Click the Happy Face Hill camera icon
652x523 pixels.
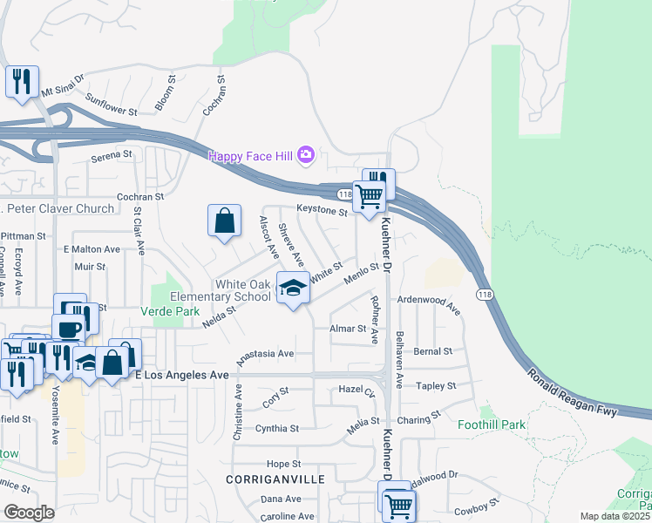coord(305,155)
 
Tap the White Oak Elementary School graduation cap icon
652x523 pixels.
coord(293,288)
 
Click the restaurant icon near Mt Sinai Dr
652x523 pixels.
coord(21,82)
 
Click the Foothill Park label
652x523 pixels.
coord(492,425)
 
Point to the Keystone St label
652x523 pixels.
coord(322,210)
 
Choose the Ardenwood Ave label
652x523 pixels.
coord(429,302)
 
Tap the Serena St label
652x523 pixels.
coord(112,159)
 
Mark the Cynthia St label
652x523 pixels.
coord(277,429)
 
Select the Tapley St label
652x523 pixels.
coord(437,385)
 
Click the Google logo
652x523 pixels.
coord(29,513)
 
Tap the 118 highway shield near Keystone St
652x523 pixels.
coord(345,194)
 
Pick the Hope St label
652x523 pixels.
coord(283,464)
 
